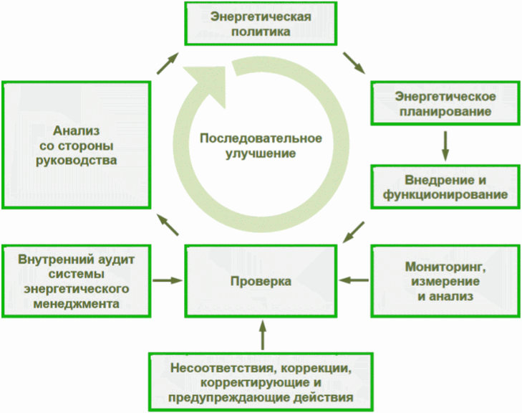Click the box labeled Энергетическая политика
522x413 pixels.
[261, 24]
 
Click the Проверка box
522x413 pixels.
[261, 281]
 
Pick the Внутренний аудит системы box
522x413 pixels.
[76, 281]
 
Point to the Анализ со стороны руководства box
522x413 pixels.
[76, 146]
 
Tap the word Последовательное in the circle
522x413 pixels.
[261, 138]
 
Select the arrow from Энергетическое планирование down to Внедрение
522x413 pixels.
[445, 146]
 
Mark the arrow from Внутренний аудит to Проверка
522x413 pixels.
[169, 280]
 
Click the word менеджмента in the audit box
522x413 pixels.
[76, 304]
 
